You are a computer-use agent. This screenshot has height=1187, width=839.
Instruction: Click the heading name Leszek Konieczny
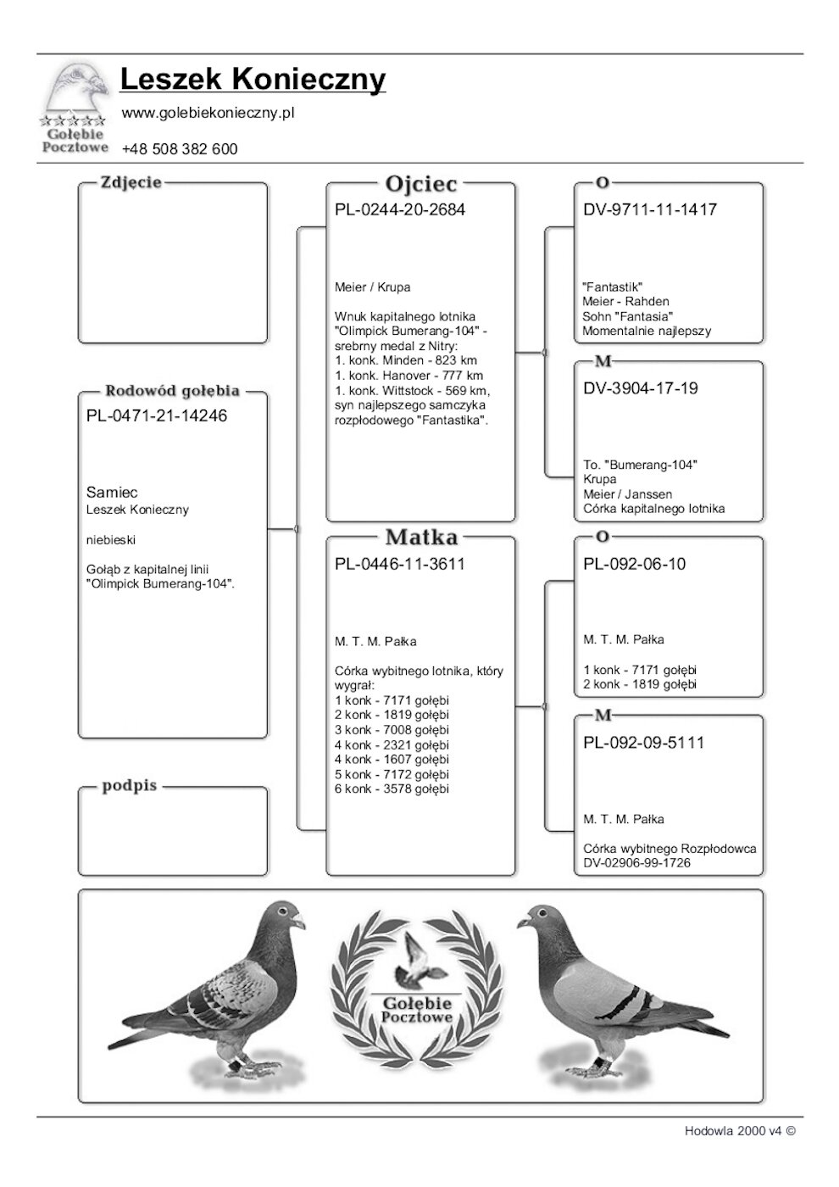pos(253,80)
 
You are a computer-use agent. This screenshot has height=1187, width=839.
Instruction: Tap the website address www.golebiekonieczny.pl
pos(208,113)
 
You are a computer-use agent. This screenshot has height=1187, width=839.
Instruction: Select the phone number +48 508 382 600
pos(180,149)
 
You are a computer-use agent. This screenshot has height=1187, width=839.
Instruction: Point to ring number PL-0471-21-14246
pos(157,416)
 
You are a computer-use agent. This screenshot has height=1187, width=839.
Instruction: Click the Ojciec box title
pos(420,184)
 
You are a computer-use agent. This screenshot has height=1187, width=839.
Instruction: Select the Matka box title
pos(420,537)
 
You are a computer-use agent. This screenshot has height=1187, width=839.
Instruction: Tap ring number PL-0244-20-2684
pos(400,209)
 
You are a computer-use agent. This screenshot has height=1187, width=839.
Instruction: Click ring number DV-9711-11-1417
pos(650,209)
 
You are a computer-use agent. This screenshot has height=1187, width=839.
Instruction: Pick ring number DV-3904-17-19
pos(641,388)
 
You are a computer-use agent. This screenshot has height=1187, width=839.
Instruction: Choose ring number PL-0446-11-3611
pos(400,564)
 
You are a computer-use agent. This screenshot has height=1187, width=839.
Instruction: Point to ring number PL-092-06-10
pos(635,564)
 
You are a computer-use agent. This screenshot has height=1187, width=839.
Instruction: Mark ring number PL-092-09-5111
pos(644,743)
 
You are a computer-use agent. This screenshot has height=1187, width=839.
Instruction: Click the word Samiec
pos(112,493)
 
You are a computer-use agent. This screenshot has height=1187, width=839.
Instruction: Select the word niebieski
pos(111,539)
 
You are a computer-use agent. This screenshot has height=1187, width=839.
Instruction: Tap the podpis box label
pos(130,786)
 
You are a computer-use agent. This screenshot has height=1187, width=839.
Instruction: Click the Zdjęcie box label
pos(131,182)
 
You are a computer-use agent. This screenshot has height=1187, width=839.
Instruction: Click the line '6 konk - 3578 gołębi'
pos(392,789)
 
